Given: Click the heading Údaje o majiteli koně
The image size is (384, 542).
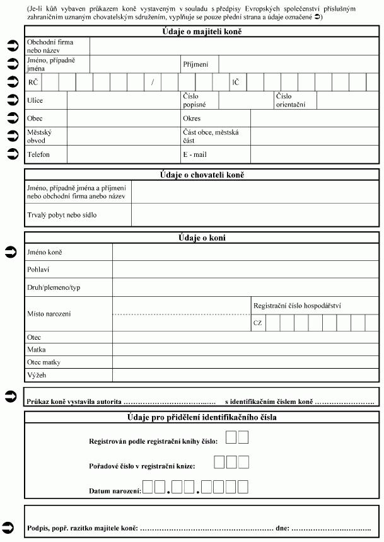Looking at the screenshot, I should click(x=202, y=31).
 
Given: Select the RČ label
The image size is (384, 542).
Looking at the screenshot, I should click(x=33, y=82).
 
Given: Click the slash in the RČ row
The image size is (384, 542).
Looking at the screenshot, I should click(x=153, y=82).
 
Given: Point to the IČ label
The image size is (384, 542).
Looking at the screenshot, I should click(x=235, y=82).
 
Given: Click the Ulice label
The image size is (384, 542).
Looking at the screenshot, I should click(x=35, y=100).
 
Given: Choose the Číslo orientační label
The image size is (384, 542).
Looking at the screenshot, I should click(x=290, y=100).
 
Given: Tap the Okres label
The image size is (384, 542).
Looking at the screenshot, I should click(x=192, y=118).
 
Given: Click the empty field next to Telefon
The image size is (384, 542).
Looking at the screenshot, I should click(x=124, y=154).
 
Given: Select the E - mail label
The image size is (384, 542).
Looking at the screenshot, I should click(x=195, y=154).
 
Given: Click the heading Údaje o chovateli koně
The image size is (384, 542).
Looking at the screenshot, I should click(x=202, y=175).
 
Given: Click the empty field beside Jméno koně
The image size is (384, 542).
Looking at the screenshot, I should click(x=246, y=252).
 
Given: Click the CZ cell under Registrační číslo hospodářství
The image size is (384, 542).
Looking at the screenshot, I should click(x=257, y=323).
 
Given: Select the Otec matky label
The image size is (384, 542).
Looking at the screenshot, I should click(x=44, y=362).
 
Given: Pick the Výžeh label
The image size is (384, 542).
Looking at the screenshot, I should click(x=37, y=375).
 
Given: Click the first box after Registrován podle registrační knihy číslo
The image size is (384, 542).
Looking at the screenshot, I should click(x=231, y=437).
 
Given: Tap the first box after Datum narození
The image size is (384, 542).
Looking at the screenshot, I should click(x=149, y=487).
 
